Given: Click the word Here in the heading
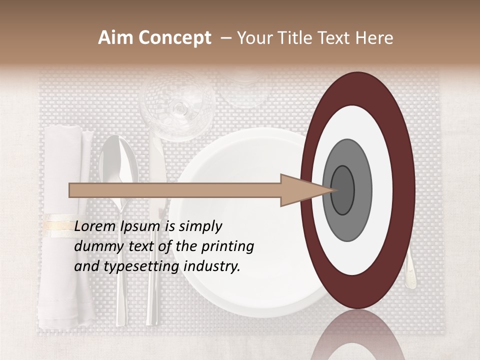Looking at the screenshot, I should pos(374,38).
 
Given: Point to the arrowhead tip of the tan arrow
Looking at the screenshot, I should pos(333,190).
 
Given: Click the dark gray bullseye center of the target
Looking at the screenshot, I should pos(343,190).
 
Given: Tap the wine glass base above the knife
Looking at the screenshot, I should pos(178,107).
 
